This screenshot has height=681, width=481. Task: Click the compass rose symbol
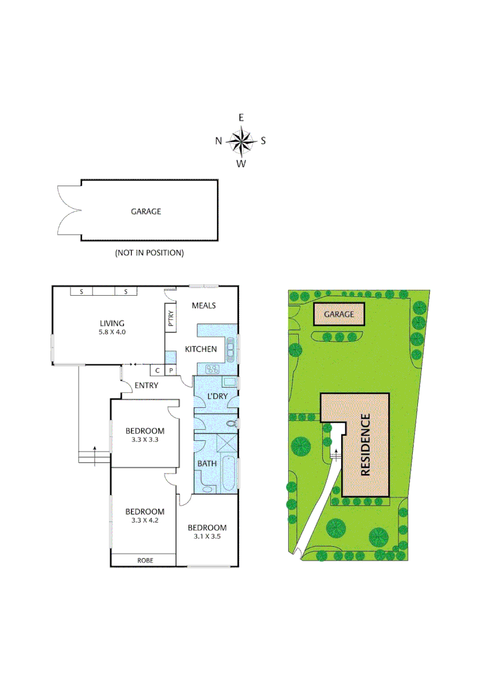coord(241,141)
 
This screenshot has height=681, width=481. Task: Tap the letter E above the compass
coord(241,117)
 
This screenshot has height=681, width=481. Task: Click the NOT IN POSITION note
coord(149,253)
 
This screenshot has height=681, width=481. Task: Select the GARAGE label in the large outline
coord(146,211)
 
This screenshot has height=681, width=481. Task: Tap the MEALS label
coord(204,306)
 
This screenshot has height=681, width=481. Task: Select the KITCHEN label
coord(200,349)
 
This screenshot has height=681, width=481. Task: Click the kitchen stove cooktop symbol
coord(211,370)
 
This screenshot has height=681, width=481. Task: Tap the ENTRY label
coord(147,385)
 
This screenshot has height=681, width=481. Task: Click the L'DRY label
coord(217,396)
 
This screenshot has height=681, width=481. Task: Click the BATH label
coord(207,463)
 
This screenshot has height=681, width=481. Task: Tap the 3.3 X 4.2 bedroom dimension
coord(144,521)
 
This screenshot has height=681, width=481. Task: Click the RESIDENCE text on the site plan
coord(366,444)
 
